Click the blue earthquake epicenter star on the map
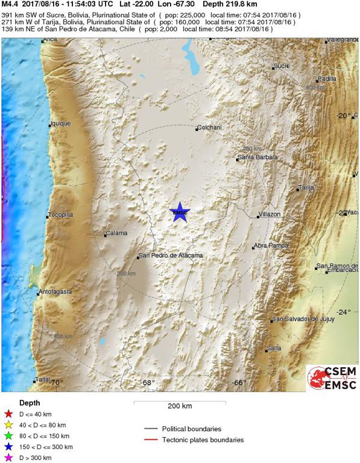pyautogui.click(x=179, y=212)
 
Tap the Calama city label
pyautogui.click(x=117, y=233)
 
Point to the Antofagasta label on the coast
pyautogui.click(x=55, y=292)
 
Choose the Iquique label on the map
pyautogui.click(x=61, y=124)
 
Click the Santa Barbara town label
pyautogui.click(x=259, y=157)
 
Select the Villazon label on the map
pyautogui.click(x=270, y=214)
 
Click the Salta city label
pyautogui.click(x=274, y=348)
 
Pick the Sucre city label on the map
pyautogui.click(x=282, y=65)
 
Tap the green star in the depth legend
pyautogui.click(x=8, y=436)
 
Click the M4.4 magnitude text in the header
pyautogui.click(x=10, y=4)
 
